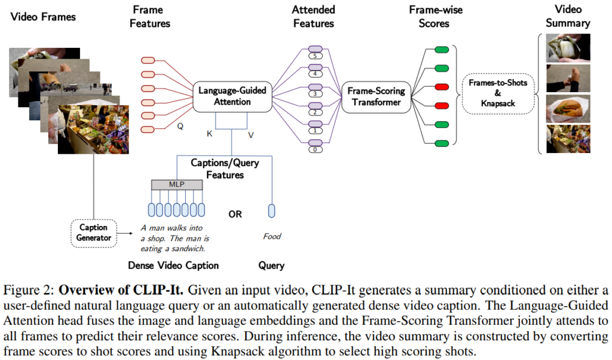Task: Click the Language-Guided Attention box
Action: [x=232, y=96]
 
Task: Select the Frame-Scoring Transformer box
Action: [x=377, y=96]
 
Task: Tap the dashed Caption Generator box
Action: [x=94, y=233]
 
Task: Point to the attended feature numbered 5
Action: [x=314, y=56]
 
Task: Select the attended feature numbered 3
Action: [x=314, y=93]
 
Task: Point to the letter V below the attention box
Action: [x=251, y=135]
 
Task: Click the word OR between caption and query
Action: [x=235, y=214]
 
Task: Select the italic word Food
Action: [x=272, y=236]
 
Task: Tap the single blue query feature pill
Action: [x=272, y=210]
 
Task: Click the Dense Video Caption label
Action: [x=173, y=266]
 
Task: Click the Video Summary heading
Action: [x=568, y=17]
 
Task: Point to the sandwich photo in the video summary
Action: [x=568, y=108]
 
